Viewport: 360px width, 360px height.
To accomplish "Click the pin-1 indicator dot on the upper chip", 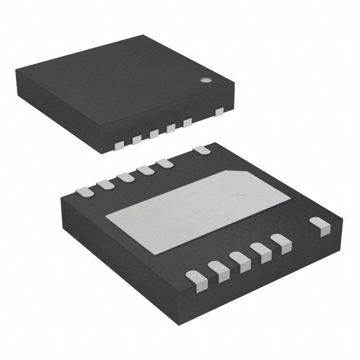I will click(206, 80).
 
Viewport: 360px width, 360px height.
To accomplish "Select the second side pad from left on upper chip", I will click(137, 139).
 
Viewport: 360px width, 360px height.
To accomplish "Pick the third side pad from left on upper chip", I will click(154, 134).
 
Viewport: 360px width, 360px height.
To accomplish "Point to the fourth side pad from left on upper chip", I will click(170, 128).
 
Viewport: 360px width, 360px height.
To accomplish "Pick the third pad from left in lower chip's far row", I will click(124, 177).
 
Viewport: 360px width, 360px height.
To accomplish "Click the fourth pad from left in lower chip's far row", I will click(145, 169).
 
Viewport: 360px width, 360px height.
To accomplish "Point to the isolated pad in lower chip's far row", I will click(201, 150).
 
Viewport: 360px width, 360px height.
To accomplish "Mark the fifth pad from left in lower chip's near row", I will click(281, 242).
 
